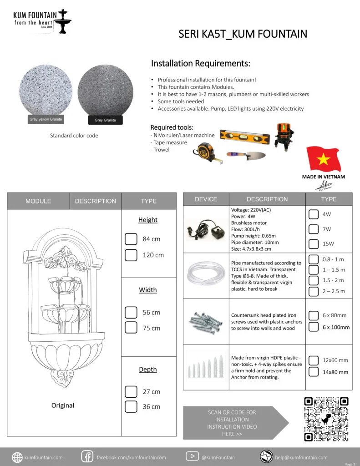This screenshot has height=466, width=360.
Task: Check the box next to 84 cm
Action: (131, 239)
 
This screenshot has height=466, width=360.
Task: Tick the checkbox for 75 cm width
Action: (131, 328)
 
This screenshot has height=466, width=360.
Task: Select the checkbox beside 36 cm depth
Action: (131, 406)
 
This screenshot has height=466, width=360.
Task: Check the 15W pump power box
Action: (313, 243)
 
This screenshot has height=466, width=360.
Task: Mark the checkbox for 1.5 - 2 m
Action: (313, 280)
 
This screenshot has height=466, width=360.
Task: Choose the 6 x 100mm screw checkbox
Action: (313, 327)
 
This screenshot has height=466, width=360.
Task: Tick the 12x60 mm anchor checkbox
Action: (313, 360)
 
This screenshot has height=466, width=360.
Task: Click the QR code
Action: (326, 419)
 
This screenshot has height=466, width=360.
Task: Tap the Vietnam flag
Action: (324, 159)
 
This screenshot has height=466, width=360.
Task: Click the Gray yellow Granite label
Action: (46, 119)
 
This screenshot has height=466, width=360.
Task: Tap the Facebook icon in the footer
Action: (87, 457)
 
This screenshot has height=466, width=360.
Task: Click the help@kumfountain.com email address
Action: (301, 457)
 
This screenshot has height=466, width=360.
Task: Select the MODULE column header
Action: (38, 201)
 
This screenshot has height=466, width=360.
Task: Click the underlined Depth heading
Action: (148, 370)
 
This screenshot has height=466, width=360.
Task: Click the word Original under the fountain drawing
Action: (63, 405)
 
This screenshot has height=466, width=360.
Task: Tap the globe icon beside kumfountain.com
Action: (17, 457)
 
